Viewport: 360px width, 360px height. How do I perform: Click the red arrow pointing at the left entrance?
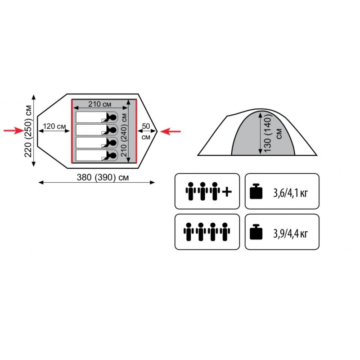tap(14, 130)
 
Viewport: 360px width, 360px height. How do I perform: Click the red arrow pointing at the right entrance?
tap(171, 131)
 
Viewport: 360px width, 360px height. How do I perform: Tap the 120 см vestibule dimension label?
tap(54, 126)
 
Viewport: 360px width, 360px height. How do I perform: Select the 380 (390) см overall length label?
tap(103, 177)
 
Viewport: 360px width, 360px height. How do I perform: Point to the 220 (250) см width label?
tap(28, 131)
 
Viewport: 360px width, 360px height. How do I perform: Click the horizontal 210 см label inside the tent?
tap(99, 104)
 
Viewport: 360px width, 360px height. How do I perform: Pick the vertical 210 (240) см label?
tap(124, 135)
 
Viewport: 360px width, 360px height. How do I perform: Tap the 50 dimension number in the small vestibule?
tap(146, 126)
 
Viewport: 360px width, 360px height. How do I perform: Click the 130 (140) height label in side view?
tap(268, 133)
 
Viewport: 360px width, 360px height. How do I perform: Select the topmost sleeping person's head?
tap(113, 117)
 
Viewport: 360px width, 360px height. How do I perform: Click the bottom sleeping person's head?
tap(113, 156)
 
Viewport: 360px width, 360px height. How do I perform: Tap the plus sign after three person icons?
tap(227, 192)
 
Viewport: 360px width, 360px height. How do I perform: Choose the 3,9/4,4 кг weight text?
tap(290, 234)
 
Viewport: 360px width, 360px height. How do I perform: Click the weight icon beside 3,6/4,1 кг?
tap(256, 191)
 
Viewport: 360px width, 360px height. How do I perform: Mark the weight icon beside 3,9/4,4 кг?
tap(256, 232)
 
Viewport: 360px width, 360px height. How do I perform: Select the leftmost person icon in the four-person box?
tap(189, 232)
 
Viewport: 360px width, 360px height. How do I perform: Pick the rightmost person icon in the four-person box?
tap(225, 232)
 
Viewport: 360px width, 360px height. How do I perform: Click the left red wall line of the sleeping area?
tap(72, 131)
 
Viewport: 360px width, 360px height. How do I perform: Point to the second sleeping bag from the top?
tap(97, 130)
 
